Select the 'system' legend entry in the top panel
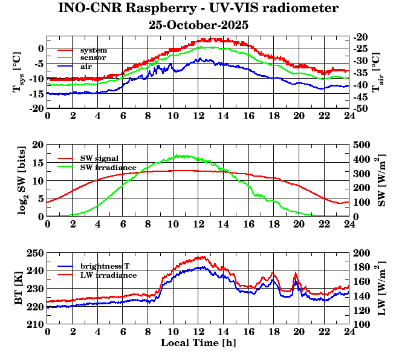pos(93,50)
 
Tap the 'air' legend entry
pos(86,65)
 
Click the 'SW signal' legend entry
pos(99,159)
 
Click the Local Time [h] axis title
pos(198,343)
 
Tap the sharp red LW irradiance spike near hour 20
pos(296,273)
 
